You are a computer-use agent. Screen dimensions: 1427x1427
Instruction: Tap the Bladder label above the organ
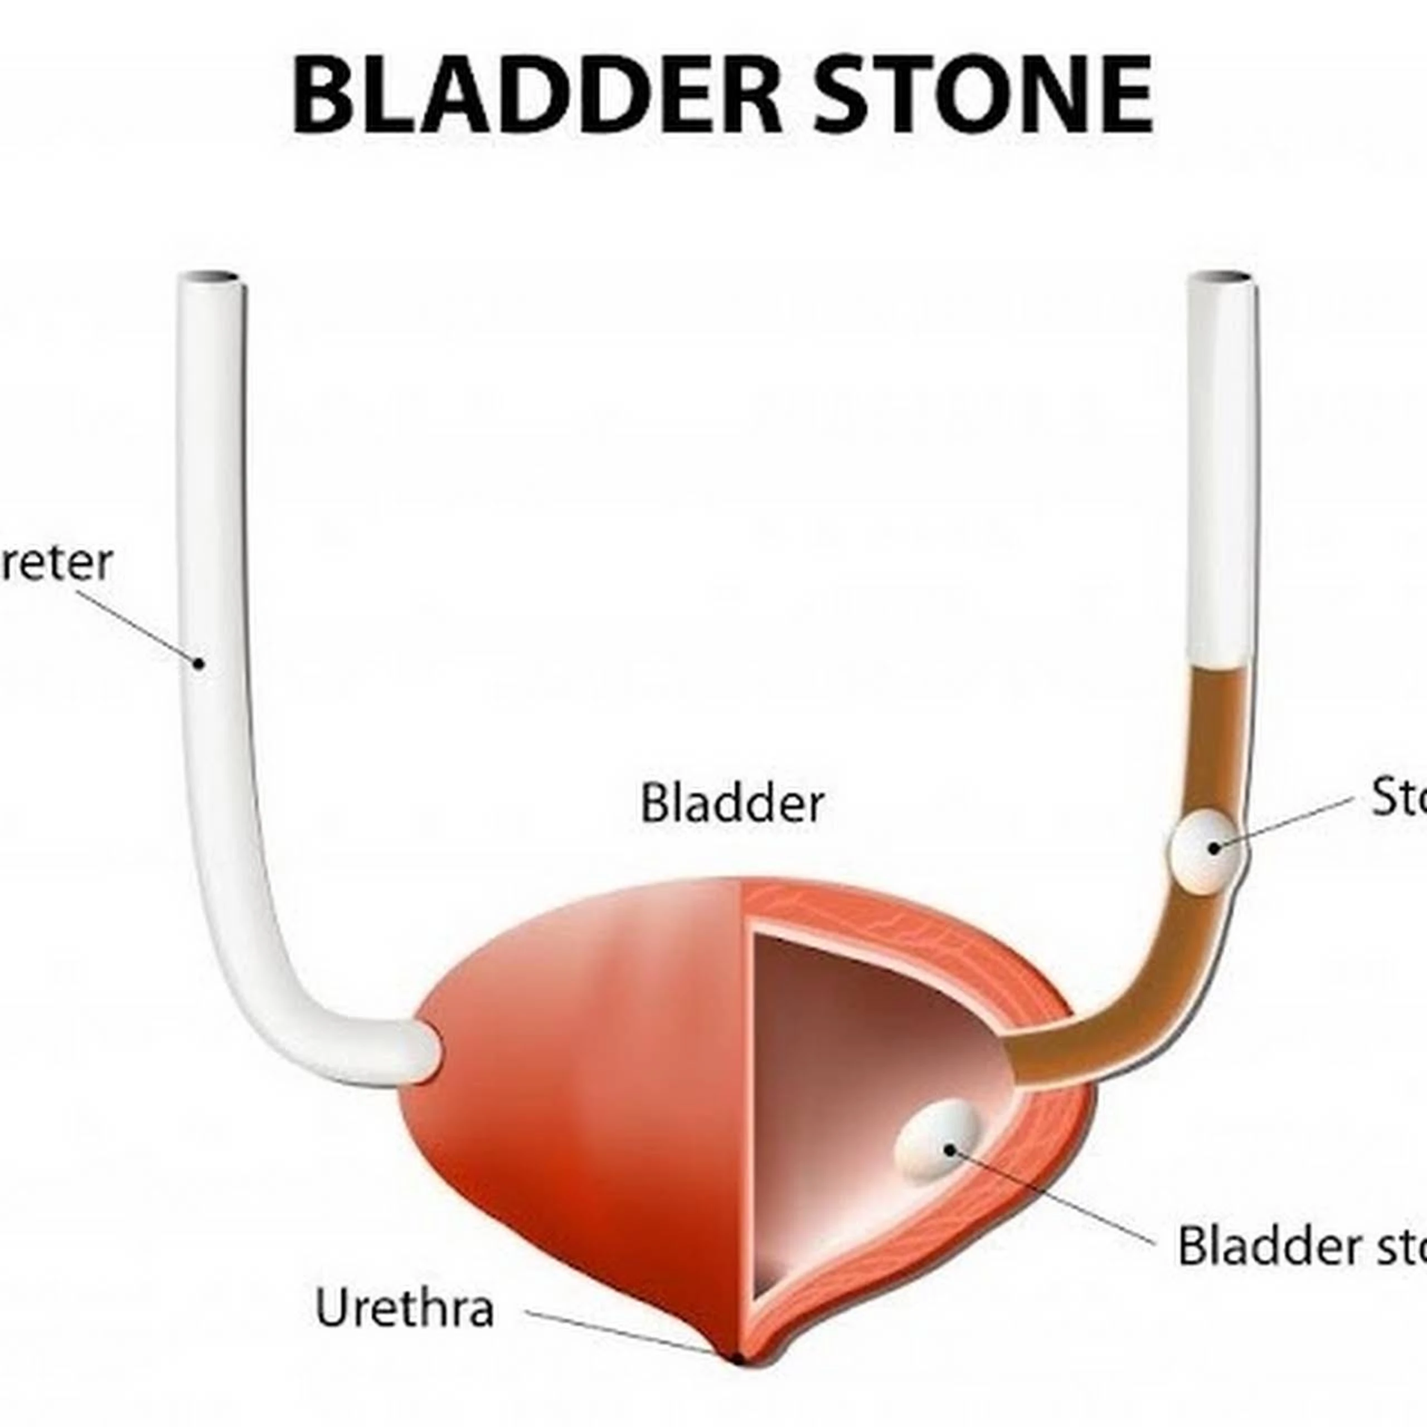pos(731,804)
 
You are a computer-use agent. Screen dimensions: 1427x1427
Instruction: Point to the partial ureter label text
pos(55,563)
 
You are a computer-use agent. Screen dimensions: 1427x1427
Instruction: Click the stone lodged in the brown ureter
pos(1206,850)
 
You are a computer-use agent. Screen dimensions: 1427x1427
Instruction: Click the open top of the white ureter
pos(211,278)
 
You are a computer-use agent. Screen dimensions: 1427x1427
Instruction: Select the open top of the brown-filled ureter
pos(1222,278)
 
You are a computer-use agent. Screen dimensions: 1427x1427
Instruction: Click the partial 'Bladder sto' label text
pos(1300,1245)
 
